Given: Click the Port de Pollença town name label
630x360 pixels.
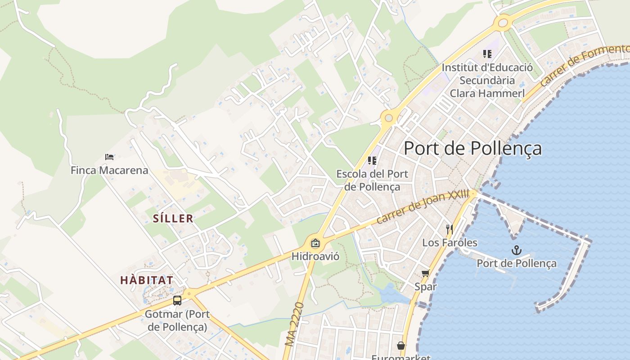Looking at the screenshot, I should click(x=472, y=148).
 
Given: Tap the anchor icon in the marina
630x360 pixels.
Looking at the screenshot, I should click(x=517, y=250).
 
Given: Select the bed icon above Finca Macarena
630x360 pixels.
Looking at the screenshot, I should click(x=109, y=157).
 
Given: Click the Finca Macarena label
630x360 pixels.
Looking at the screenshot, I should click(x=109, y=171).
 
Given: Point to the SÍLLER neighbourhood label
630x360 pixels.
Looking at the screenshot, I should click(x=173, y=219).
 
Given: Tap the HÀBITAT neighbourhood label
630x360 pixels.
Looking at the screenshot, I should click(x=147, y=280).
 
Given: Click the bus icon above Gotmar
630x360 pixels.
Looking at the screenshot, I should click(x=177, y=301).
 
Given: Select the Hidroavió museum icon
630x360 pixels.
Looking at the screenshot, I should click(x=315, y=243).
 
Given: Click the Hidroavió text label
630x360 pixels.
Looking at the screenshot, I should click(x=315, y=256).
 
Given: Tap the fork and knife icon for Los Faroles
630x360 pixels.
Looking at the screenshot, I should click(x=449, y=229).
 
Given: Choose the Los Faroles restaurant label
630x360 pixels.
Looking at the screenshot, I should click(x=450, y=243).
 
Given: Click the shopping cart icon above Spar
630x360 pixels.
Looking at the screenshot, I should click(x=425, y=273).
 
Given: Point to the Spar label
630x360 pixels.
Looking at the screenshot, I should click(x=426, y=287).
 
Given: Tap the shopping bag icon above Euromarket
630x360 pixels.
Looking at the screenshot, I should click(x=400, y=346).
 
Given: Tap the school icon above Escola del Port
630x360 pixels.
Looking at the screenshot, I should click(x=372, y=160).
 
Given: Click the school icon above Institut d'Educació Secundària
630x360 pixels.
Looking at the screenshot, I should click(x=487, y=54).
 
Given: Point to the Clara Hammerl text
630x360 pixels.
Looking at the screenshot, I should click(x=487, y=94).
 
